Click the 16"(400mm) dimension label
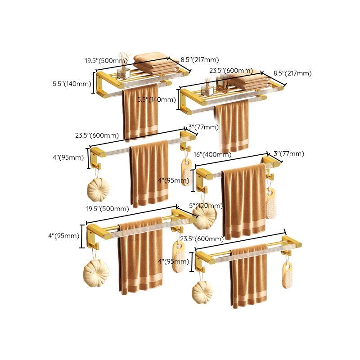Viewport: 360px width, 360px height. [x=212, y=155]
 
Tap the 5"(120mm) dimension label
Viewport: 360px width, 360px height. [x=206, y=206]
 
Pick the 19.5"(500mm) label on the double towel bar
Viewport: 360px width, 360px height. [x=108, y=208]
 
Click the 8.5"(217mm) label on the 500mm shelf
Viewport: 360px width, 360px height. [x=200, y=60]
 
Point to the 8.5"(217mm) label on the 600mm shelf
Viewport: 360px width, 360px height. [x=292, y=73]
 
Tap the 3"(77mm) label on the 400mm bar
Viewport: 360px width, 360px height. [x=289, y=154]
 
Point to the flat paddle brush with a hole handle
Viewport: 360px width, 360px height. [x=287, y=274]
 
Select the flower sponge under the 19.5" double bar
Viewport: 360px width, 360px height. [x=96, y=273]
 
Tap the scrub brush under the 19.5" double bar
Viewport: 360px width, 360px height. [x=179, y=257]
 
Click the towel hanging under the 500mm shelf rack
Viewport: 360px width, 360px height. [x=140, y=112]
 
